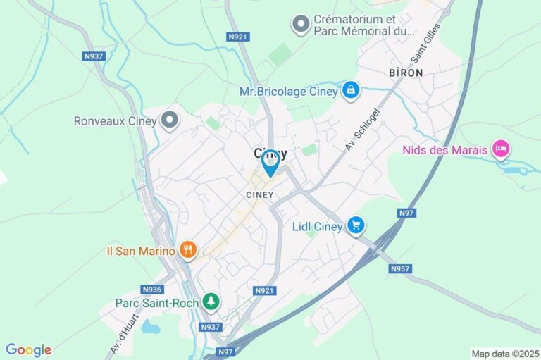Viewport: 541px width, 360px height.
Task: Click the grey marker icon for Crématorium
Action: (x=301, y=25)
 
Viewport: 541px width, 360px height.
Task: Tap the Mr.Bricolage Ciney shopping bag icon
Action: (x=350, y=90)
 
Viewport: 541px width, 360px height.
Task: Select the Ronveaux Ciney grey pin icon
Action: (x=169, y=120)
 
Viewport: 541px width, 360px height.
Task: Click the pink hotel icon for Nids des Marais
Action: (x=501, y=149)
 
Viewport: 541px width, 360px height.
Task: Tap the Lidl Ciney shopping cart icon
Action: (x=356, y=225)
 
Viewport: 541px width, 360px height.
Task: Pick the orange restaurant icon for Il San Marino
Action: (x=187, y=249)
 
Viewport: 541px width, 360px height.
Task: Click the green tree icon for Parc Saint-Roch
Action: (x=211, y=302)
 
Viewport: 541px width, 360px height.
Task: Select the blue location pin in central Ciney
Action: (x=270, y=163)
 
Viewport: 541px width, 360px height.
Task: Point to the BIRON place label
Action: (x=405, y=73)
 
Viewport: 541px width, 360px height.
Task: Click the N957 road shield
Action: (x=399, y=268)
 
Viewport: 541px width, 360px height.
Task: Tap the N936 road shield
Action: (x=151, y=289)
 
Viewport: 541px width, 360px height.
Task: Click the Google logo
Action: (x=28, y=350)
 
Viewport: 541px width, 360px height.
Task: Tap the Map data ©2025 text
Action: (x=504, y=354)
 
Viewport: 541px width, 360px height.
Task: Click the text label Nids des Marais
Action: (x=445, y=149)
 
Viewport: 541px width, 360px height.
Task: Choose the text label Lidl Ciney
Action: (x=317, y=226)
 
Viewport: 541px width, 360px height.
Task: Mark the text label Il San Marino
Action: (x=140, y=249)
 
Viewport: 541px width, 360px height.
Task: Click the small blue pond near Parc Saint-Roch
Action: (x=150, y=327)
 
